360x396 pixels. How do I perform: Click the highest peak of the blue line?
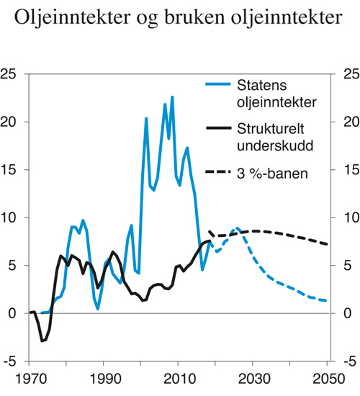tap(172, 97)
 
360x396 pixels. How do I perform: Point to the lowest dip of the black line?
tap(42, 341)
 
